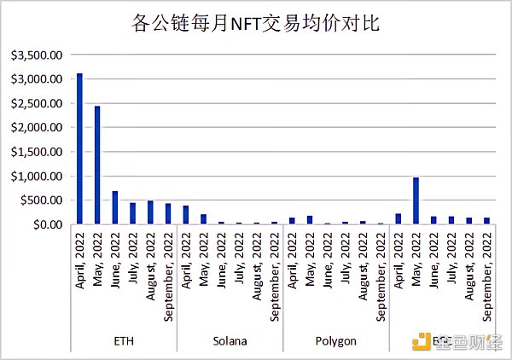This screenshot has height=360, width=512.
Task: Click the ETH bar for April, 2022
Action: tap(79, 148)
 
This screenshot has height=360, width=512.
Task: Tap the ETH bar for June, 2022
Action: tap(115, 207)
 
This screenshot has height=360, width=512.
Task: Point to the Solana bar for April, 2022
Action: tap(186, 214)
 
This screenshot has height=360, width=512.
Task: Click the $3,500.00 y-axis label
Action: tap(36, 55)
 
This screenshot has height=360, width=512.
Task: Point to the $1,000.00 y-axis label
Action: tap(36, 176)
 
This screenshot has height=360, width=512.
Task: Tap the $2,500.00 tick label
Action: tap(36, 103)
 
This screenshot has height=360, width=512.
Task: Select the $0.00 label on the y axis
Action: tap(45, 224)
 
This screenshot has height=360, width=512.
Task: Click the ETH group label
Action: tap(123, 340)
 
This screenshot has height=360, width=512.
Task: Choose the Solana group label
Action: tap(230, 340)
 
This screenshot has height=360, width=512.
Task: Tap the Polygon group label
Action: tap(335, 340)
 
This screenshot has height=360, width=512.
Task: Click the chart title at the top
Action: tap(257, 22)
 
